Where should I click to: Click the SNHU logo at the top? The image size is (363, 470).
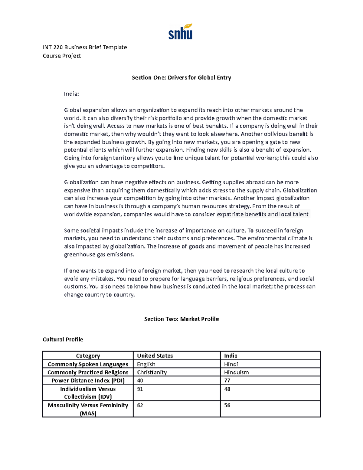point(180,32)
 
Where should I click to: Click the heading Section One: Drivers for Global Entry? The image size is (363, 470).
point(181,77)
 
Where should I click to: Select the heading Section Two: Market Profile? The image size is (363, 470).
point(181,319)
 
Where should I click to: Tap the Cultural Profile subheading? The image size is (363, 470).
point(63,340)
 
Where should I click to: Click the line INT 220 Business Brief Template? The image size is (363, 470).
point(85,47)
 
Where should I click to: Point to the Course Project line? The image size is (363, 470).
point(62,56)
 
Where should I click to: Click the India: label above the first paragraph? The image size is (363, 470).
point(71,94)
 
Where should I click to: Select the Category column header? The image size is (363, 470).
point(88,356)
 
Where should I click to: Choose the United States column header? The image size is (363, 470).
point(155,356)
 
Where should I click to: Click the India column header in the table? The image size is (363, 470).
point(231,356)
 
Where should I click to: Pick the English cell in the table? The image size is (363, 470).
point(146,364)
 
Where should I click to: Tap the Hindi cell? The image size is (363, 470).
point(231,364)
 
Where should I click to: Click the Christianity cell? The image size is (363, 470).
point(152,373)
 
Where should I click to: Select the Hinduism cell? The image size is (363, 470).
point(236,373)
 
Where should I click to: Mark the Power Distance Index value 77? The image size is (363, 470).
point(227,381)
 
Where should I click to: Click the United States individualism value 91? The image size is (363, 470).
point(140,389)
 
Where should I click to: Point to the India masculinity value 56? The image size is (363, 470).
point(227,406)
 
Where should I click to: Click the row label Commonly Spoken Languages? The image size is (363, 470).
point(88,364)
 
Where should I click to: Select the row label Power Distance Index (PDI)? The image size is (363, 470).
point(88,381)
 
